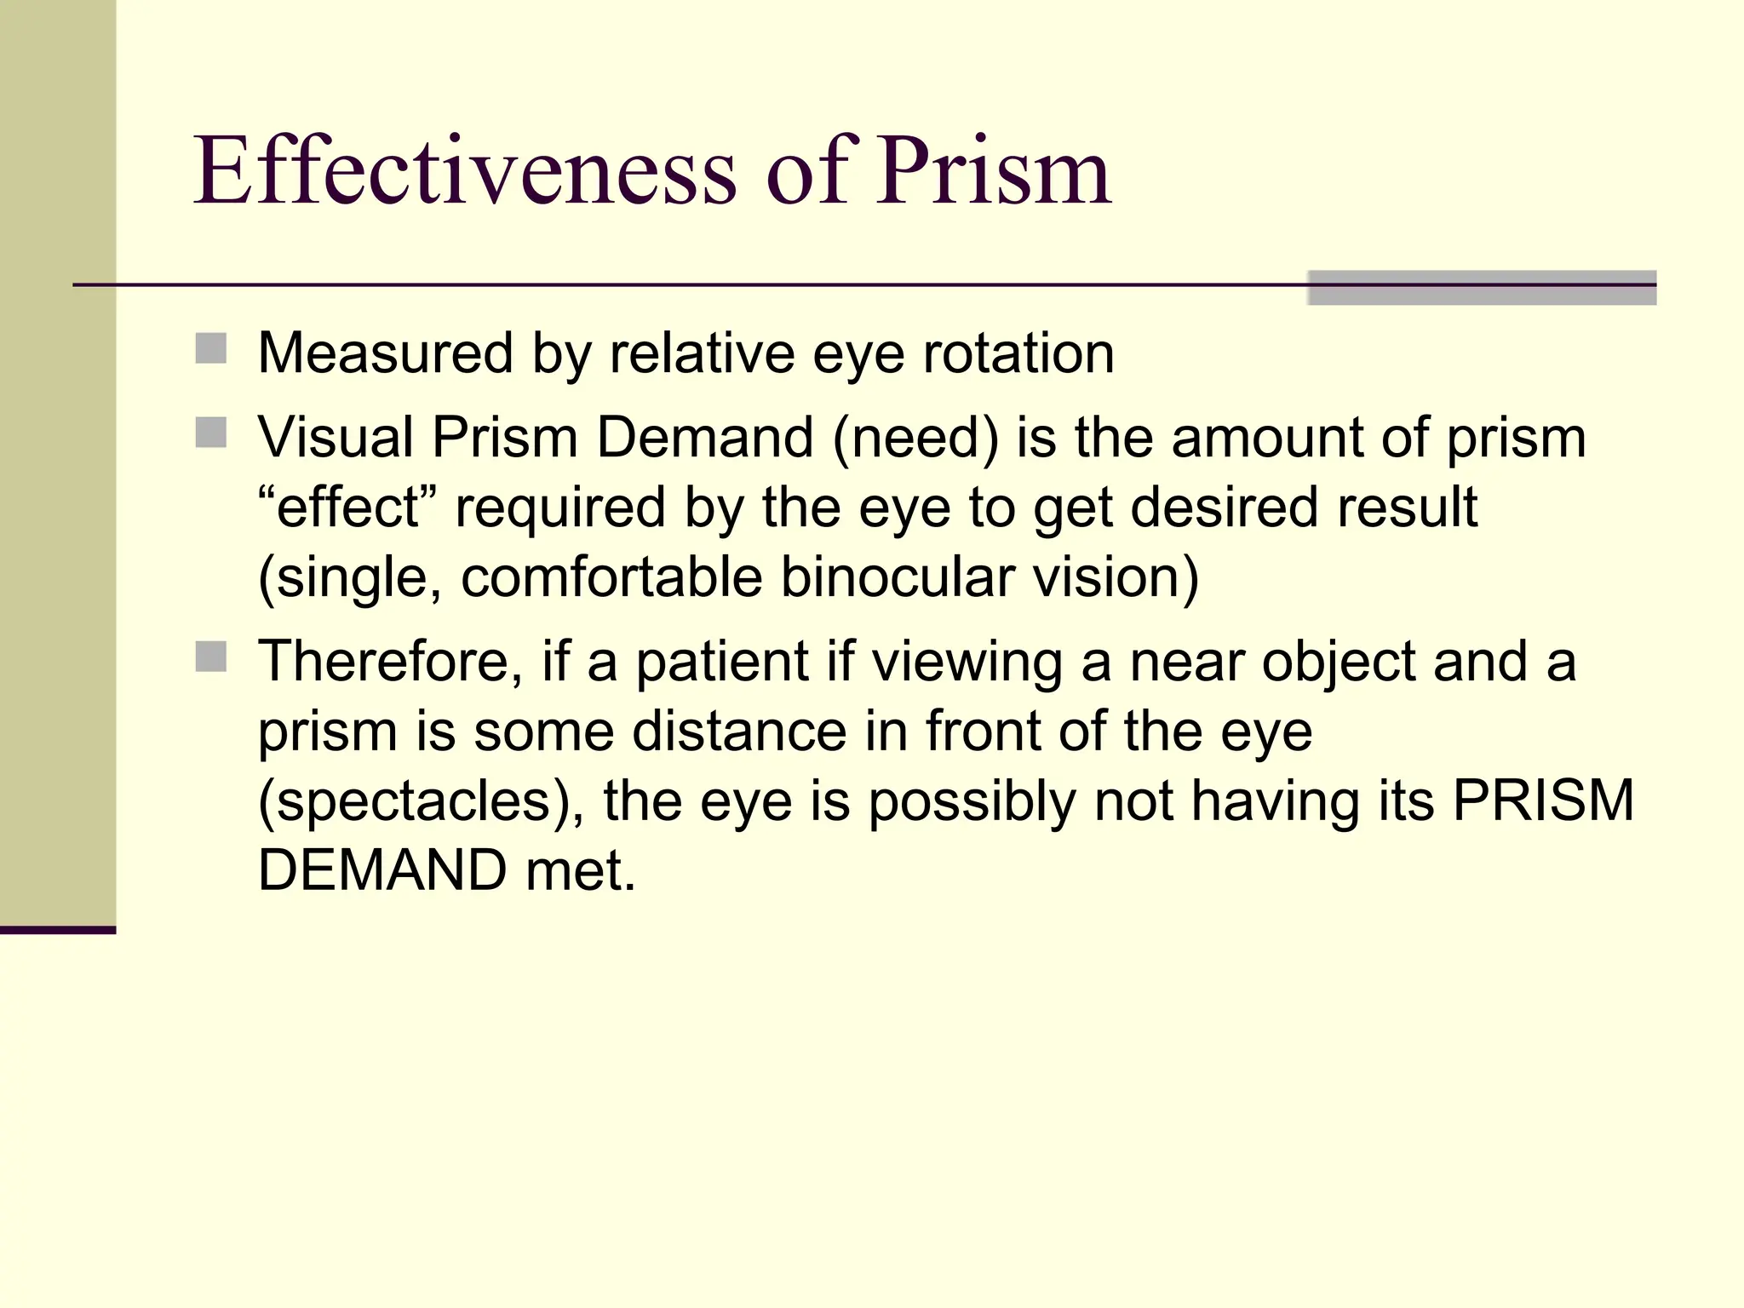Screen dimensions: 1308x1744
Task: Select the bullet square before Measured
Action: pyautogui.click(x=210, y=349)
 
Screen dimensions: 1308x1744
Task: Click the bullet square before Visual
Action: pyautogui.click(x=210, y=433)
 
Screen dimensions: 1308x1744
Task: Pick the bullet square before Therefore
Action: pyautogui.click(x=210, y=657)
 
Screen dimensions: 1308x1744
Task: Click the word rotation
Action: pyautogui.click(x=1018, y=353)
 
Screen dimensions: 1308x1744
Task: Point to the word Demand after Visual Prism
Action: pyautogui.click(x=704, y=438)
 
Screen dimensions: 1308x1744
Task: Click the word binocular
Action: pyautogui.click(x=898, y=577)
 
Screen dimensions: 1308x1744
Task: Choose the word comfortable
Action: pyautogui.click(x=611, y=577)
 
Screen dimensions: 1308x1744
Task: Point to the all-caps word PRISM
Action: pyautogui.click(x=1542, y=800)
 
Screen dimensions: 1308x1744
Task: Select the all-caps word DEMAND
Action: pyautogui.click(x=382, y=870)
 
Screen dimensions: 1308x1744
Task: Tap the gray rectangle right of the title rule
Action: pyautogui.click(x=1481, y=288)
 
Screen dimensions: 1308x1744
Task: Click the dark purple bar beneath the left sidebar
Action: pyautogui.click(x=58, y=930)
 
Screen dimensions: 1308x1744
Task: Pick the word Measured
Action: pyautogui.click(x=385, y=353)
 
